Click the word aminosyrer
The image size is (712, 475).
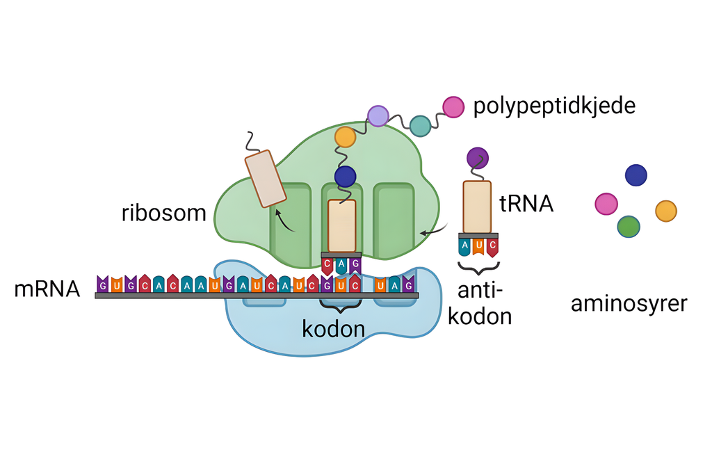tap(629, 303)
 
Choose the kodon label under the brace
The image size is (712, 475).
tap(334, 328)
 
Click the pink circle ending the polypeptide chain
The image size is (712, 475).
tap(453, 106)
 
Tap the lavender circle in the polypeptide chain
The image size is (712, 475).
tap(378, 115)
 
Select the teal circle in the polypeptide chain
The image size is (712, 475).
tap(420, 126)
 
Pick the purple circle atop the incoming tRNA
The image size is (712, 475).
tap(477, 158)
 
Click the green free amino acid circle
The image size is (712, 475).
tap(629, 226)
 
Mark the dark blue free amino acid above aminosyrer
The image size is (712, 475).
tap(636, 175)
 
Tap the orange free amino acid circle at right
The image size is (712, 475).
tap(666, 211)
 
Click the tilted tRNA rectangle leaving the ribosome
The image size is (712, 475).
tap(265, 180)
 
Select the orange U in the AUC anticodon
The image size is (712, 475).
tap(478, 245)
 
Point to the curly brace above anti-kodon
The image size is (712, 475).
tap(478, 266)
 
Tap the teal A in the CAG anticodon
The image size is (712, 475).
tap(341, 264)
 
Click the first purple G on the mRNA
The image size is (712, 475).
tap(102, 284)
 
